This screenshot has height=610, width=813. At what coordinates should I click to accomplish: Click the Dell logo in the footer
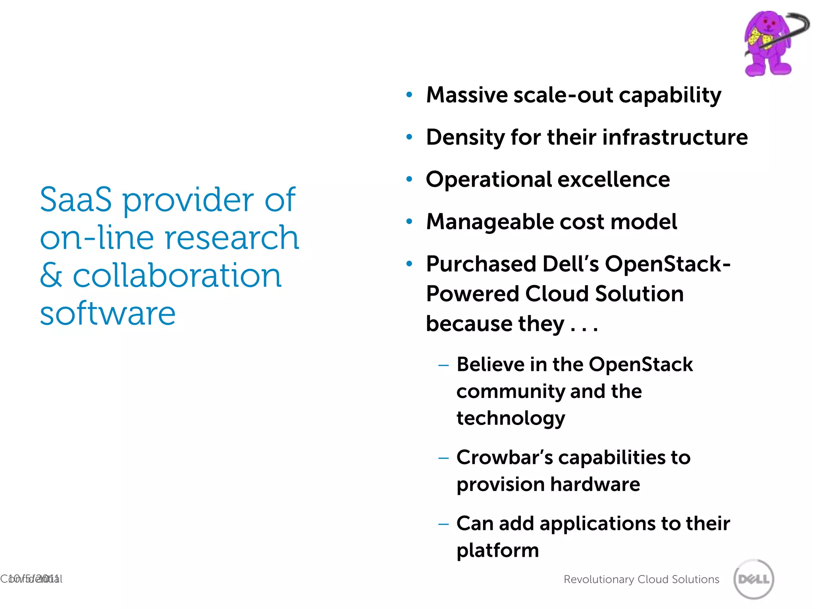coord(753,579)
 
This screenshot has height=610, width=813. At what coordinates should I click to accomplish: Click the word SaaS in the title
coord(76,199)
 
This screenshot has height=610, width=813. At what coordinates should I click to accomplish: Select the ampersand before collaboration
coord(51,275)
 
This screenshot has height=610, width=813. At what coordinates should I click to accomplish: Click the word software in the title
coord(108,313)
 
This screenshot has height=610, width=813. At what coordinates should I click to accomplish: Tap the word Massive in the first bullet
coord(466,95)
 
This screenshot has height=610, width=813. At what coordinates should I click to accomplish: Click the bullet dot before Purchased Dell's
coord(409,264)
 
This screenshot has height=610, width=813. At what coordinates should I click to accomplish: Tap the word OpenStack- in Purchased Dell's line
coord(667,264)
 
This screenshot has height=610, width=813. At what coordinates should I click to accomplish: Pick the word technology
coord(511,418)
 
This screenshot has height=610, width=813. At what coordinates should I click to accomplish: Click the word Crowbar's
coord(504,457)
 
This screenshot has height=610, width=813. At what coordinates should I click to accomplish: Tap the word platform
coord(497,550)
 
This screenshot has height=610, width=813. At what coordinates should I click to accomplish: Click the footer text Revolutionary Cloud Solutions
coord(641,579)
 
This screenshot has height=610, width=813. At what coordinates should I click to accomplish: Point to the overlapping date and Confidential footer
coord(31,579)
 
